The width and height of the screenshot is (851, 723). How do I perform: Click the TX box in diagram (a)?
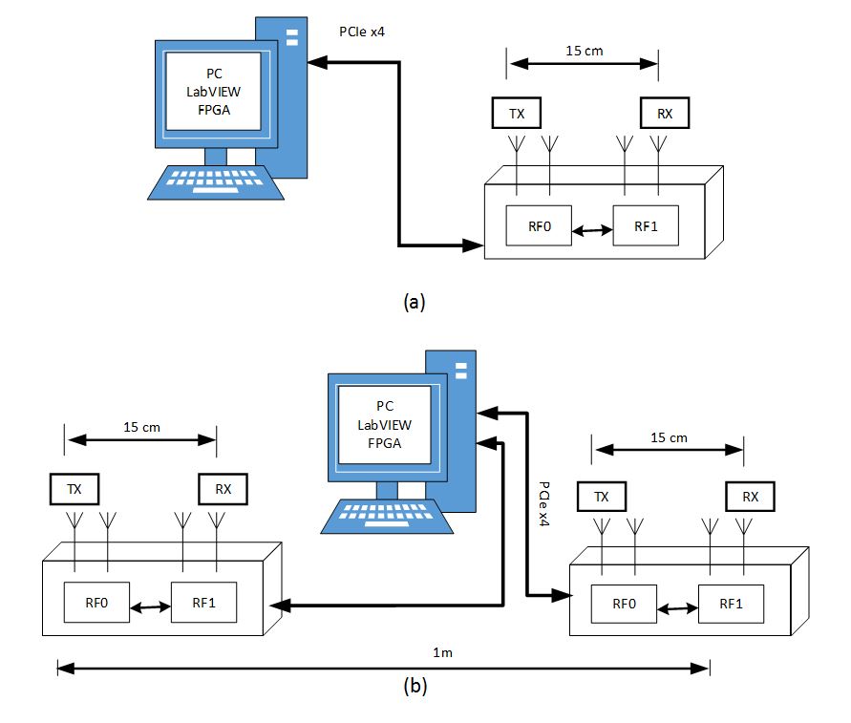[x=517, y=114]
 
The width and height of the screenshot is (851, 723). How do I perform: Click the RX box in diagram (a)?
[x=664, y=114]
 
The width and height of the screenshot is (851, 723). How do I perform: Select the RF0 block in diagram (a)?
[x=539, y=226]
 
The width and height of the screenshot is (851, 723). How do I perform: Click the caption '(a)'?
[x=414, y=302]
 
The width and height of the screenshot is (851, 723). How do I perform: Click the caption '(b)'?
[x=414, y=685]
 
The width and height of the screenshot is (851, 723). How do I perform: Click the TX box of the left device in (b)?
[x=74, y=489]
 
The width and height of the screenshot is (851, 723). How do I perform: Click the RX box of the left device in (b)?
[x=223, y=489]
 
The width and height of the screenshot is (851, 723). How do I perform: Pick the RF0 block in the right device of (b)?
[x=624, y=604]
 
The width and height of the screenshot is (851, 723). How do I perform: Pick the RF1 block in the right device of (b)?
[x=731, y=604]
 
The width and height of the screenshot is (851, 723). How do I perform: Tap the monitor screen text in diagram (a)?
[x=213, y=92]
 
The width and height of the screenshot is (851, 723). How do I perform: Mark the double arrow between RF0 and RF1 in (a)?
[x=592, y=228]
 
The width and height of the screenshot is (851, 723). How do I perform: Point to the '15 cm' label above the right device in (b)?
[x=668, y=437]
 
